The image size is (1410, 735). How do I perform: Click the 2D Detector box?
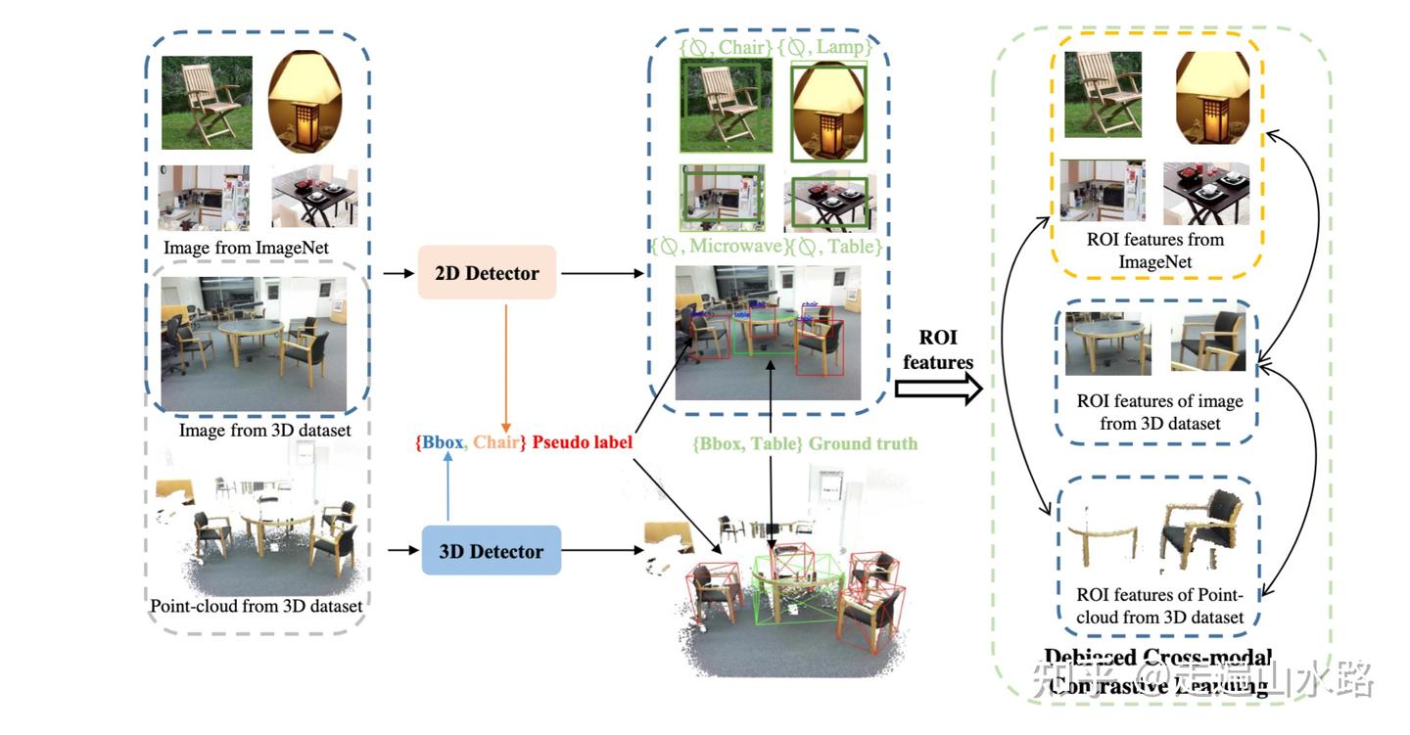(x=487, y=273)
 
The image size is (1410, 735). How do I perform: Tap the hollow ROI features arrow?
(x=938, y=390)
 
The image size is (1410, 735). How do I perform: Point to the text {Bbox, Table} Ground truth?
(x=805, y=443)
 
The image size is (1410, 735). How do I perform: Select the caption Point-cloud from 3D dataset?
(x=257, y=606)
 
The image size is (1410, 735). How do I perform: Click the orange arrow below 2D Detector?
(x=504, y=363)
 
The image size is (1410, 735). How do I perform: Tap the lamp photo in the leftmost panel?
(x=306, y=103)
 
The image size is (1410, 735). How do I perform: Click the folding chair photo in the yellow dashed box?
(x=1102, y=94)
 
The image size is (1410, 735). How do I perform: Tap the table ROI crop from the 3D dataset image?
(x=1107, y=344)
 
